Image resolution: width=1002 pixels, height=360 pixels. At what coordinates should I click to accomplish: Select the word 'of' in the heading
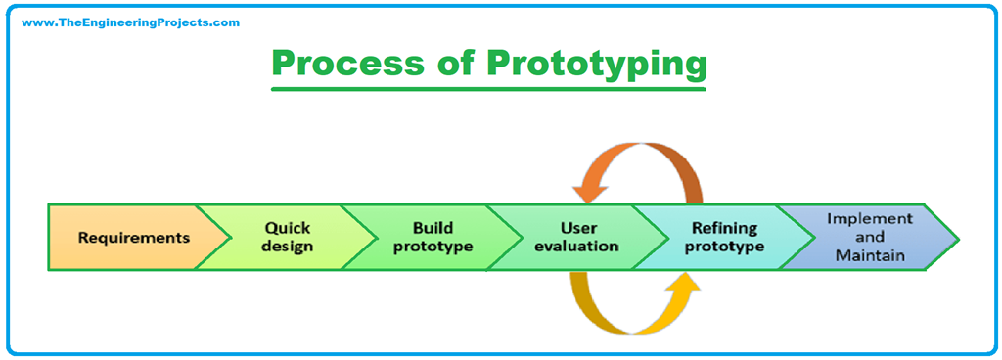448,64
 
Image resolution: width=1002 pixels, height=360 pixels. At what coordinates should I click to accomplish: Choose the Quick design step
288,237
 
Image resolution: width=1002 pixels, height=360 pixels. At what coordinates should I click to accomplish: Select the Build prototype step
433,237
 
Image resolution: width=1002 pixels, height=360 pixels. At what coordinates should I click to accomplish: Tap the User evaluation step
577,237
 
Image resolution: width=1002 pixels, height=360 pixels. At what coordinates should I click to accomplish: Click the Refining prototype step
724,237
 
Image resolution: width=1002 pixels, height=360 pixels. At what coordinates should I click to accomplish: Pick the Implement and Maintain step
870,237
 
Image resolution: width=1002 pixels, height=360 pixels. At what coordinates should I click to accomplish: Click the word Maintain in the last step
870,256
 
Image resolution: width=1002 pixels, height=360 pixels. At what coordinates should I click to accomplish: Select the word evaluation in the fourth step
577,247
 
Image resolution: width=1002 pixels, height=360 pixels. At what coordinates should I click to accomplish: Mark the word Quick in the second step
288,228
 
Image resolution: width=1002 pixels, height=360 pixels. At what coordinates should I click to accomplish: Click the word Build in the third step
433,228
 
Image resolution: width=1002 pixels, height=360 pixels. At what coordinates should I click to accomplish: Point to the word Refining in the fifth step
724,228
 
